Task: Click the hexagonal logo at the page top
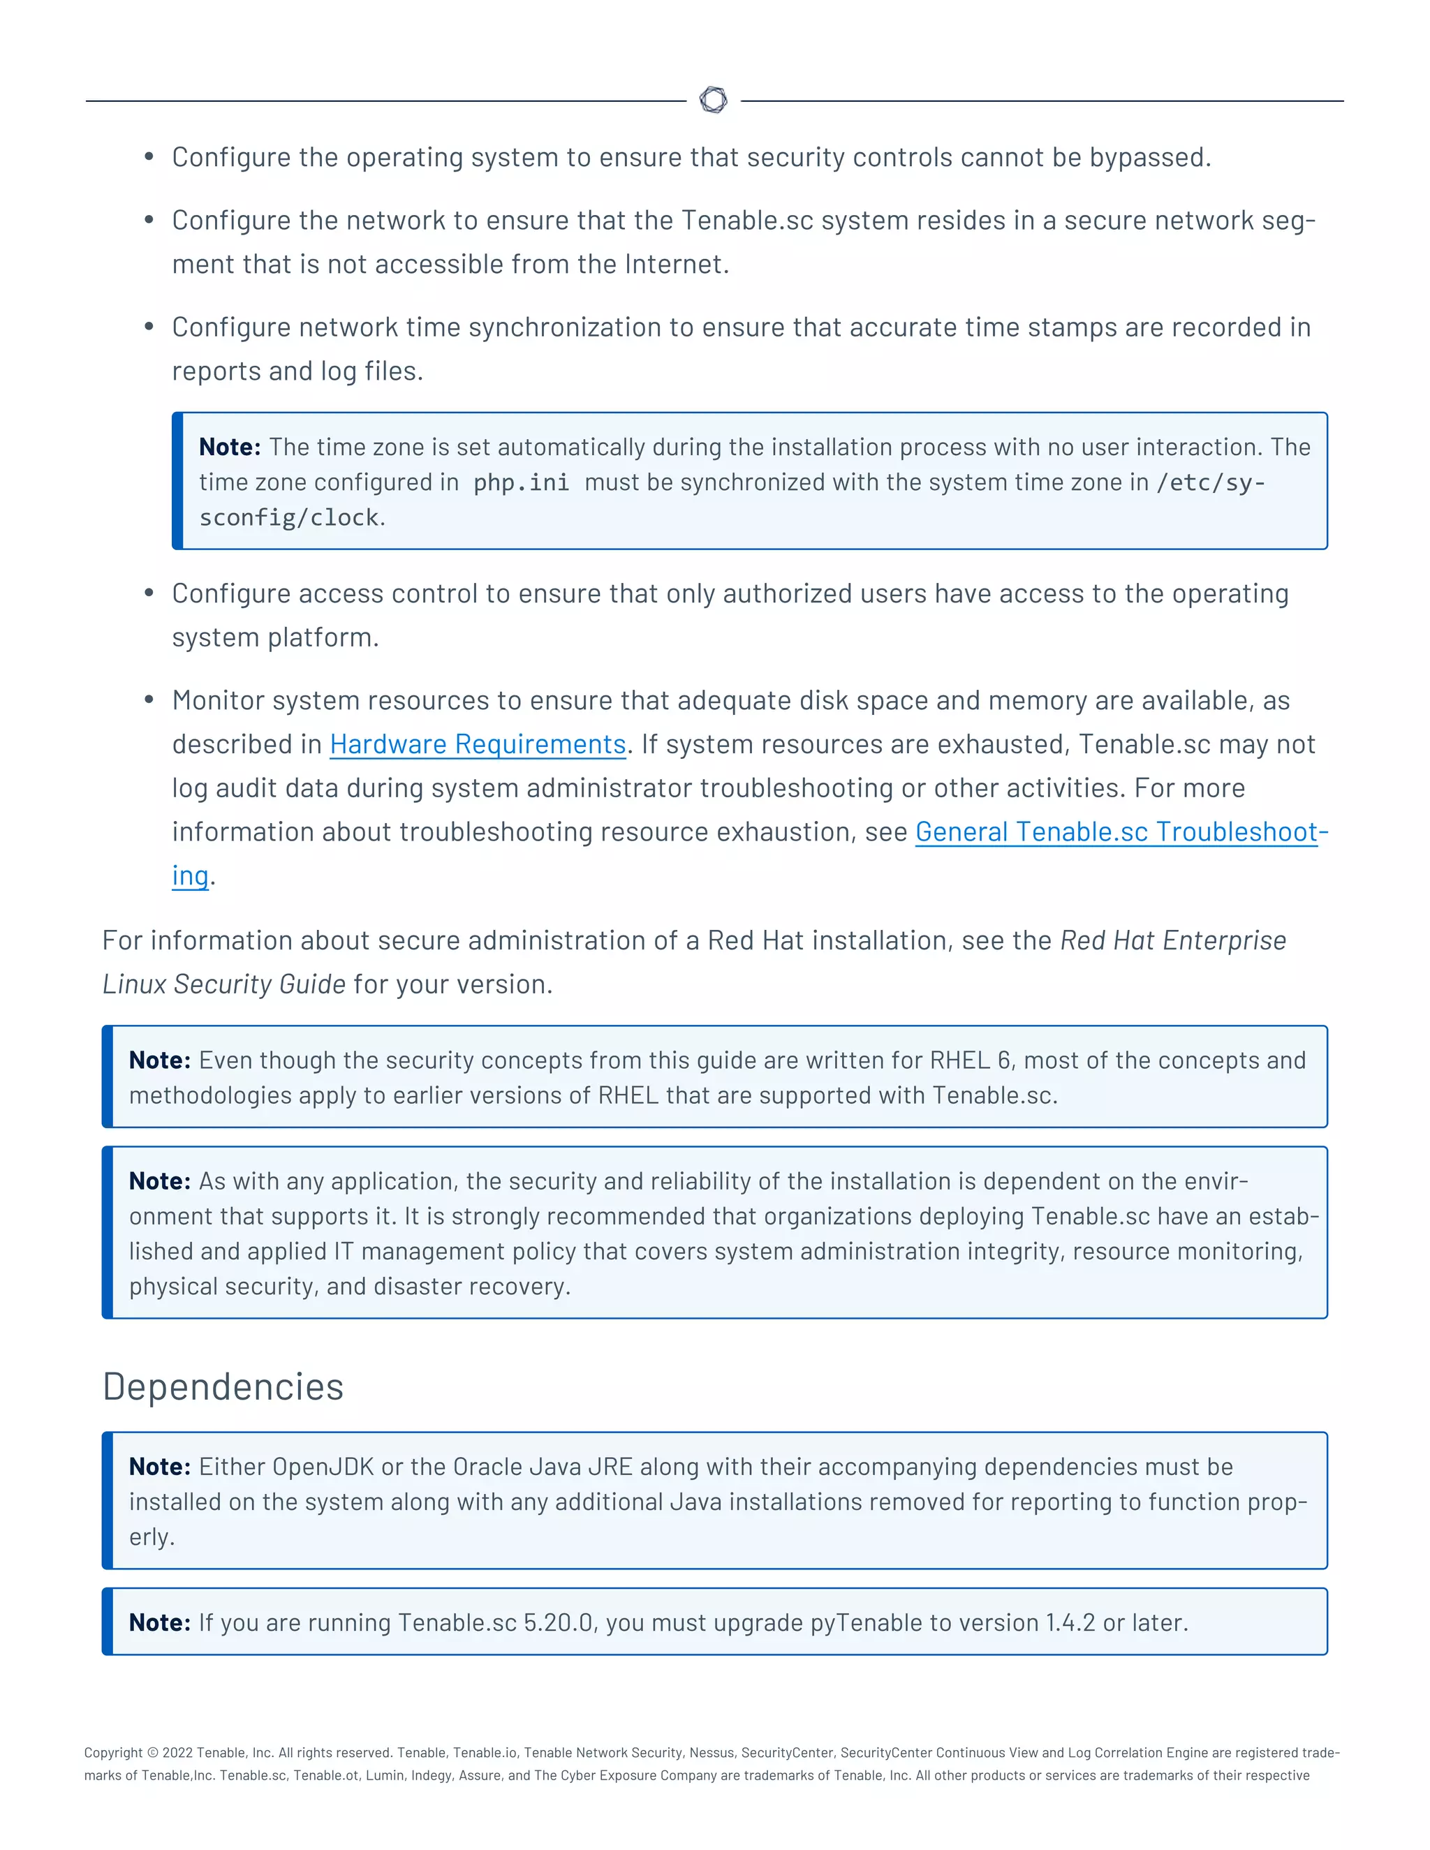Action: (714, 100)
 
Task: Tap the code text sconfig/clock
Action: (288, 517)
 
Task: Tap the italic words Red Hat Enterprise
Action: (1172, 940)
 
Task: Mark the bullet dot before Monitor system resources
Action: (149, 700)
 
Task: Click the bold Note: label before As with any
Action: (159, 1181)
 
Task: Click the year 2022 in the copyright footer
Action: (177, 1752)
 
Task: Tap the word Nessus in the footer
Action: (711, 1752)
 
